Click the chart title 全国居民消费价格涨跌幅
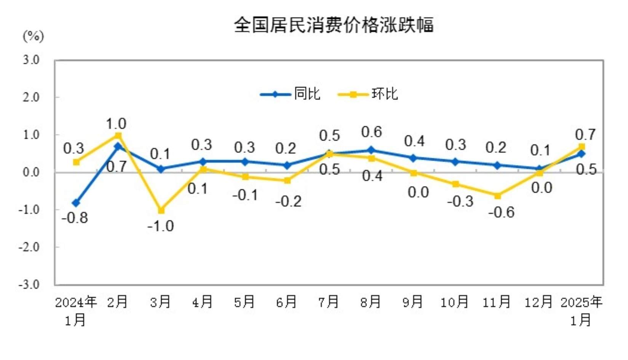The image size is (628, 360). (x=334, y=25)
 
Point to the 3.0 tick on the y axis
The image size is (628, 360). (x=31, y=60)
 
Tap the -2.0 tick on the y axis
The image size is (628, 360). (x=29, y=247)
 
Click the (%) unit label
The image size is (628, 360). (x=34, y=37)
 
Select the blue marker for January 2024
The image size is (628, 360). (x=76, y=203)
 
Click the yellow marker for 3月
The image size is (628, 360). (x=161, y=210)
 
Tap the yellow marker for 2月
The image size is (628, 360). (x=118, y=136)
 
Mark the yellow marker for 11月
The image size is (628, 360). (x=497, y=196)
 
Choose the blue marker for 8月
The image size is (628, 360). (x=371, y=150)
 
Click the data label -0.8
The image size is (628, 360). (x=75, y=218)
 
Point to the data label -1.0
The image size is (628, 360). (x=160, y=226)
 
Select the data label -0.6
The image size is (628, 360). (x=501, y=212)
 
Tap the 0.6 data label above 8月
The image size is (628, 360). (x=371, y=132)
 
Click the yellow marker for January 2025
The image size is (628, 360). (x=582, y=147)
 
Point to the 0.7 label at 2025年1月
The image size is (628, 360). (x=585, y=135)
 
